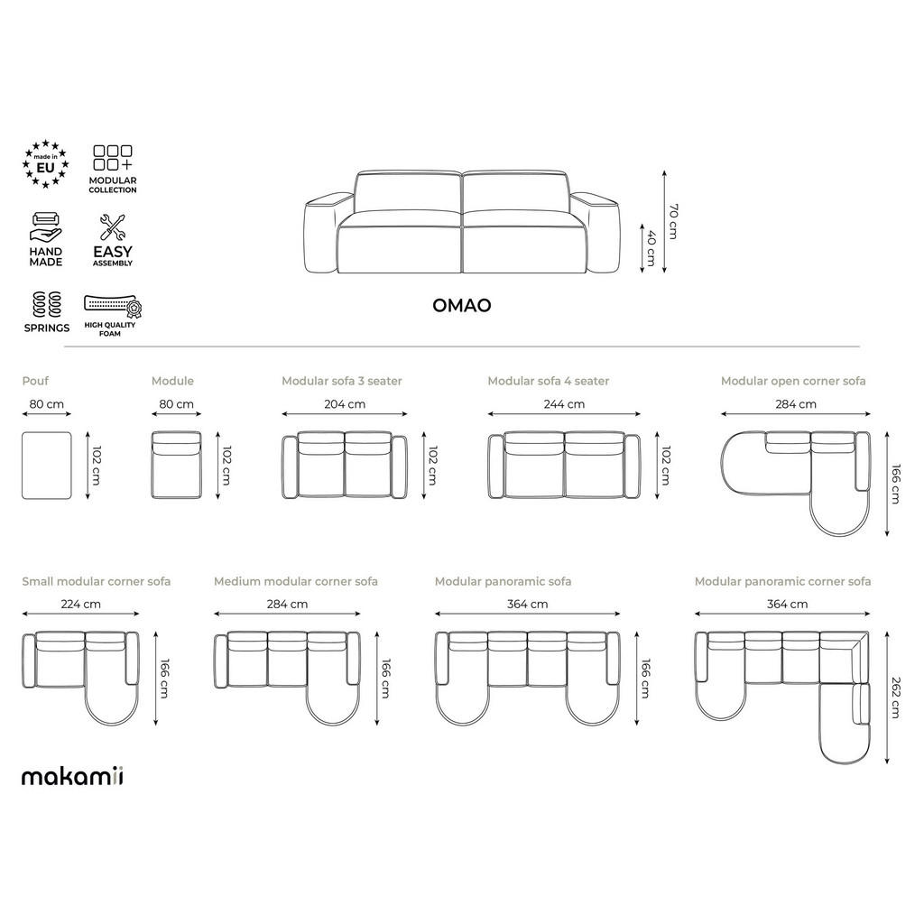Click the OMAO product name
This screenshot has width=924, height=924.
tap(462, 305)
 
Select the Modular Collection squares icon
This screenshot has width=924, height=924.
tap(113, 158)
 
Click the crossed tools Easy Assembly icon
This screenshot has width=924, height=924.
tap(113, 227)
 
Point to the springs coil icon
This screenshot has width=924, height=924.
tap(46, 302)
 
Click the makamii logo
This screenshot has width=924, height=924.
tap(72, 776)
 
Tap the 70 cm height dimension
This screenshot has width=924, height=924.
tap(672, 221)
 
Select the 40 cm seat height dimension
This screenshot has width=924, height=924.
tap(649, 248)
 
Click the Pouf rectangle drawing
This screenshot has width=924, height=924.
tap(46, 465)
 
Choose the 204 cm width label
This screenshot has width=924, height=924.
tap(345, 404)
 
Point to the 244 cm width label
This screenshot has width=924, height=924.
tap(563, 404)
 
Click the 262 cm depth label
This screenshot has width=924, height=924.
tap(894, 697)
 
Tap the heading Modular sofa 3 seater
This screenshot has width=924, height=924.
tap(342, 381)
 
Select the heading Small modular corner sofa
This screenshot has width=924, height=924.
tap(96, 581)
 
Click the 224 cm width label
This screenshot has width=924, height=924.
tap(79, 604)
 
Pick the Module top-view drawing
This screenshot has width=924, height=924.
tap(176, 465)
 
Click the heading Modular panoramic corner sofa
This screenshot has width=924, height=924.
tap(782, 581)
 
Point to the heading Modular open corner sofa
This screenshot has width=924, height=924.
tap(793, 381)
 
